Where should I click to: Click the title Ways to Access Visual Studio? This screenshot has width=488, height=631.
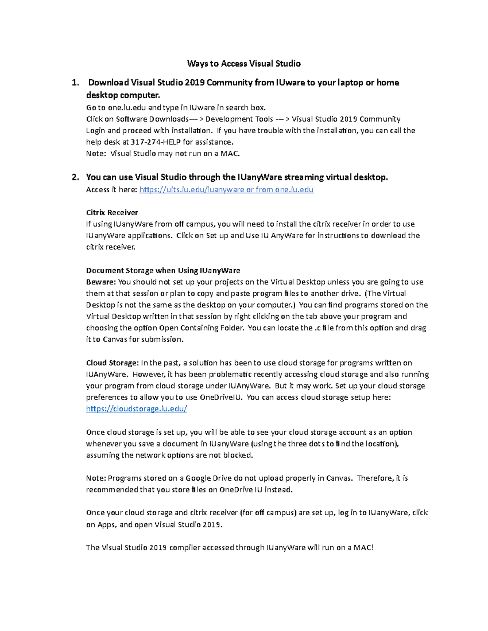244,63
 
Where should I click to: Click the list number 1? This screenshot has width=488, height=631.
75,83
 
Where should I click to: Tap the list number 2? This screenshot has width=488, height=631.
75,177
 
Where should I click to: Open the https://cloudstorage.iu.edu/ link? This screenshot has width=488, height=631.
136,409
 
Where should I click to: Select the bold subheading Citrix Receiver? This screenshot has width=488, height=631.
112,213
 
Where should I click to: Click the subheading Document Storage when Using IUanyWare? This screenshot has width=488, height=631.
163,271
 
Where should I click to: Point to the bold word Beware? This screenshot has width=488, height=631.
101,282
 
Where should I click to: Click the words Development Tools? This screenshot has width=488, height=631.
239,119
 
